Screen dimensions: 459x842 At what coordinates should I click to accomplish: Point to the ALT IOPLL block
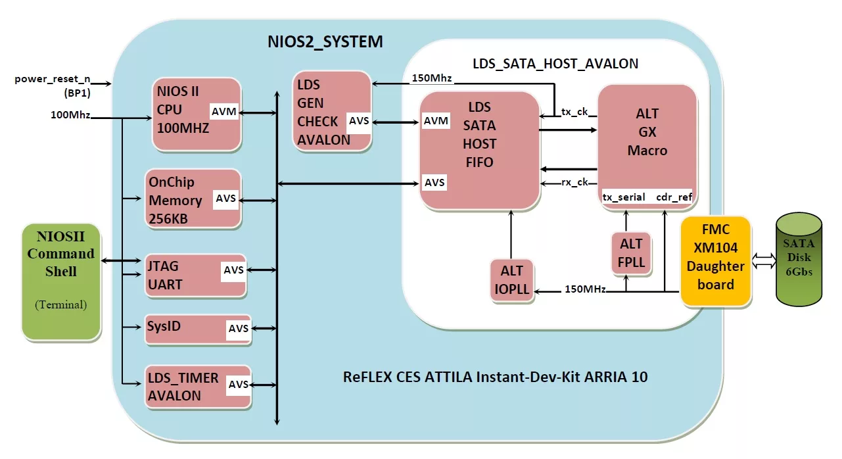(512, 280)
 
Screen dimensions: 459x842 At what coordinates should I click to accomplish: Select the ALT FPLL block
(631, 253)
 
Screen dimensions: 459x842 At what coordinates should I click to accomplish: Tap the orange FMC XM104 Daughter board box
(716, 260)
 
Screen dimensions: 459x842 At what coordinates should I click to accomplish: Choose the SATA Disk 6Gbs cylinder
(798, 262)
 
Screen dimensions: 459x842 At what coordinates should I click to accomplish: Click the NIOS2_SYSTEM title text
(325, 42)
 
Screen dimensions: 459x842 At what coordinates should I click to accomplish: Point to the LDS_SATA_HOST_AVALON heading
(555, 64)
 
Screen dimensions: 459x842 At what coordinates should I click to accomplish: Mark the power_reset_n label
(53, 80)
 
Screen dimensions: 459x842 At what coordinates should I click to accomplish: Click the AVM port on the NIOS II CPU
(224, 112)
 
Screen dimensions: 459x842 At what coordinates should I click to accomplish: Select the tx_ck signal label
(574, 112)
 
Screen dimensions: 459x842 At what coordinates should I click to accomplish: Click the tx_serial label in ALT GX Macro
(624, 197)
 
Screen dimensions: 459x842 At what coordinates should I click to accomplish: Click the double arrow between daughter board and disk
(762, 261)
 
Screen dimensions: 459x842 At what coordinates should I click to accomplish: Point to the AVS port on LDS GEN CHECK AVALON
(359, 121)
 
